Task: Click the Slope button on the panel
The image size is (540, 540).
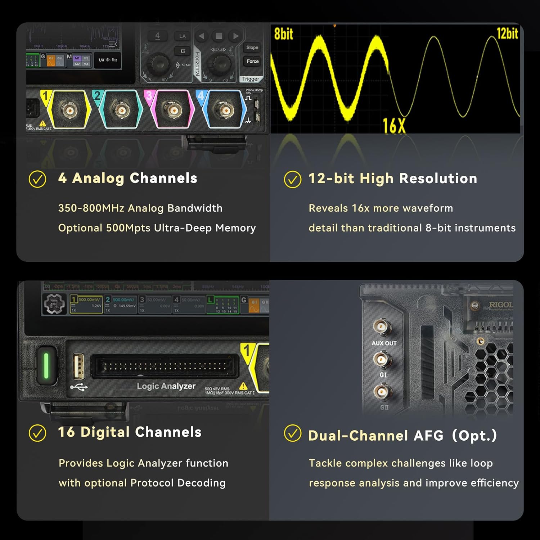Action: (x=252, y=48)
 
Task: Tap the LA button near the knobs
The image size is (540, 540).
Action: (x=183, y=36)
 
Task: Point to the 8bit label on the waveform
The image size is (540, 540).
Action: (x=283, y=34)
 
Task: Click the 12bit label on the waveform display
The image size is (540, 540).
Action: (x=507, y=33)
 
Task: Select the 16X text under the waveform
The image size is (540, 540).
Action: (x=394, y=126)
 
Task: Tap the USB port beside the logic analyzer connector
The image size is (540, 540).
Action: (x=79, y=366)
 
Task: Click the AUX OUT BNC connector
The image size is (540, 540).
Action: (x=381, y=327)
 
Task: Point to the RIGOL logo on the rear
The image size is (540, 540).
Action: (x=501, y=305)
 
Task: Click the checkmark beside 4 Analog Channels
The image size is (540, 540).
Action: (x=37, y=179)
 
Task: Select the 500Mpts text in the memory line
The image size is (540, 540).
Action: (x=128, y=228)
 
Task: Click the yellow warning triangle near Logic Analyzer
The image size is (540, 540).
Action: (x=243, y=386)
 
